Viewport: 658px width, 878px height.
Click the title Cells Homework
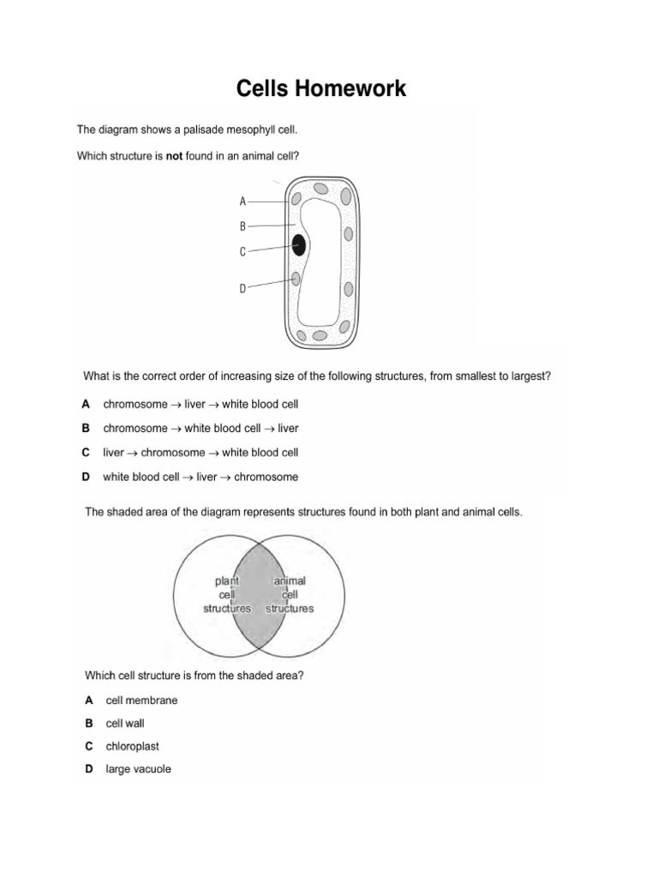(322, 88)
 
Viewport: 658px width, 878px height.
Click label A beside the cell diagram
(242, 201)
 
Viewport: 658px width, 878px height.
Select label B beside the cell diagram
(242, 226)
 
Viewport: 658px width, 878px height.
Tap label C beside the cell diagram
(242, 252)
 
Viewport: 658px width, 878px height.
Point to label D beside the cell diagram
(242, 289)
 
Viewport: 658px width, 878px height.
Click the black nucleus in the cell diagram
(299, 246)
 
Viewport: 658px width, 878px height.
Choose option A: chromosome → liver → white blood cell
(200, 404)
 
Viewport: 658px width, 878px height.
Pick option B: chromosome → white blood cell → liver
(200, 428)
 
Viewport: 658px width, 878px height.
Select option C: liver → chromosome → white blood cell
(200, 452)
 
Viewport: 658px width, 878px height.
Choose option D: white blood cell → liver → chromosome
(200, 477)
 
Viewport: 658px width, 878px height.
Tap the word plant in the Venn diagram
(227, 581)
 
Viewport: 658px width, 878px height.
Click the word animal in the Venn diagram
(290, 581)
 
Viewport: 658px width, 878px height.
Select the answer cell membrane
(141, 701)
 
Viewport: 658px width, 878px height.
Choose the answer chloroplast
(133, 747)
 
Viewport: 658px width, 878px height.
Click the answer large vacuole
(138, 770)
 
